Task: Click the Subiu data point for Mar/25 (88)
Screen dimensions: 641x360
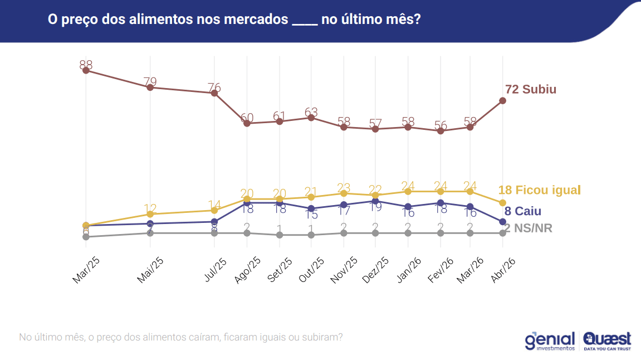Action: [x=86, y=70]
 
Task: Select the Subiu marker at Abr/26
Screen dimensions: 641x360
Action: [x=502, y=100]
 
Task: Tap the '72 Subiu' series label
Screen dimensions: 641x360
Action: [x=530, y=89]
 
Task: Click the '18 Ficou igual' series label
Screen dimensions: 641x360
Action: [x=539, y=190]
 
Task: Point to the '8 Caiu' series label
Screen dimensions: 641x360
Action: [x=522, y=211]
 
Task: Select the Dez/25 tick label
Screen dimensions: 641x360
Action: [x=375, y=271]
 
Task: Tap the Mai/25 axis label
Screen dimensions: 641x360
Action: [x=150, y=271]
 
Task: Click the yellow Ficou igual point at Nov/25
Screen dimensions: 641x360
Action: [x=344, y=193]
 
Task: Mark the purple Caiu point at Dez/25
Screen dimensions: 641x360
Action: [x=375, y=201]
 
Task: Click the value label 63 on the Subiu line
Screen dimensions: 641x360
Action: [x=311, y=113]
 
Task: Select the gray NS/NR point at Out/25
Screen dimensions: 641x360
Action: [x=311, y=235]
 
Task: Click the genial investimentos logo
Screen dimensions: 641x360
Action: [x=550, y=340]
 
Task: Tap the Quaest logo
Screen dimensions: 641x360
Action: [x=607, y=340]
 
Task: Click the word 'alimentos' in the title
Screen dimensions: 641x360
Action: [x=161, y=20]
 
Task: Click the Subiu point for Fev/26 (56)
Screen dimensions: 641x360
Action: [x=441, y=130]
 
